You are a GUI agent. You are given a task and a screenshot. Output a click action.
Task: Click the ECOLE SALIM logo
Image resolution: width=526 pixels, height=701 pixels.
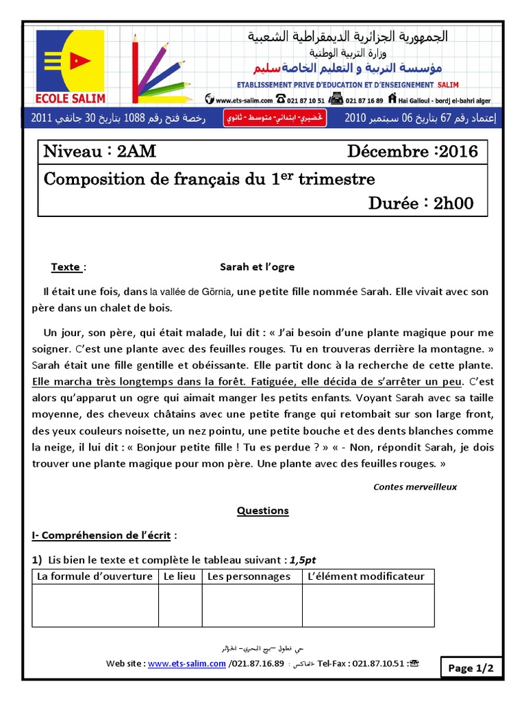[71, 67]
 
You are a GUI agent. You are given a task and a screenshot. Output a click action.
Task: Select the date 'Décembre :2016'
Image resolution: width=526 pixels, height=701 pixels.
[412, 151]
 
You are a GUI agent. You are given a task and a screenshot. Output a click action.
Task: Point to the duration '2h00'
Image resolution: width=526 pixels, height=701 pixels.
[453, 203]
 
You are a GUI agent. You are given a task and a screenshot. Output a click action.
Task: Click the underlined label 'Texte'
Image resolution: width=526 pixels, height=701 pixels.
[66, 267]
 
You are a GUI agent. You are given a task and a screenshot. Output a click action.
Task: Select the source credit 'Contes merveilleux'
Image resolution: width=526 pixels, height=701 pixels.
[414, 487]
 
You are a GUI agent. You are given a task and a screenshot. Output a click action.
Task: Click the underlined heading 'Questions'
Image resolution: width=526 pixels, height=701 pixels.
[262, 511]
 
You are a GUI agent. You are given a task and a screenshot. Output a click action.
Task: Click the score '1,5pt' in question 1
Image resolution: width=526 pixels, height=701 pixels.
[302, 559]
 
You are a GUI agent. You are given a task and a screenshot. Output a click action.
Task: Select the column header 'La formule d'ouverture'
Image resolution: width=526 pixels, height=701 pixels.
[95, 576]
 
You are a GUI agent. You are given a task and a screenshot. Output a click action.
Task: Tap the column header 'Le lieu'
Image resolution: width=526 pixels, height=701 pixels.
[179, 576]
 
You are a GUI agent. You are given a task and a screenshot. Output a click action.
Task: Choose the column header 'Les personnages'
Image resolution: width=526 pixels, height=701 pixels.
[249, 576]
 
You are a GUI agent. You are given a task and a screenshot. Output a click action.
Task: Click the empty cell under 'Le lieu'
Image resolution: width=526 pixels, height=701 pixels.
[179, 605]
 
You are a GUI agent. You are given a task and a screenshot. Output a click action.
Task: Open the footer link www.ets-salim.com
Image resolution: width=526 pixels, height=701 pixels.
[186, 663]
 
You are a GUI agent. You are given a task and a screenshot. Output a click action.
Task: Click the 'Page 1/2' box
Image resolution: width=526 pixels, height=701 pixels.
[471, 668]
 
